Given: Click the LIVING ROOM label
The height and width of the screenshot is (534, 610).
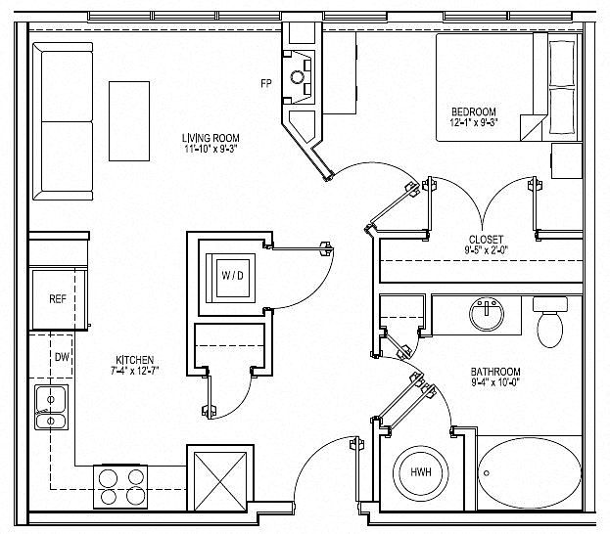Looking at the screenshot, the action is point(211,138).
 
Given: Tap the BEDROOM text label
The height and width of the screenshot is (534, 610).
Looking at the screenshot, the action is point(474,111).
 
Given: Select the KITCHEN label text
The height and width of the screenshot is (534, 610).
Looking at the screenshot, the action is point(134,360).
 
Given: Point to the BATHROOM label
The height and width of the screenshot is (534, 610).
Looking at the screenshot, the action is point(495,372).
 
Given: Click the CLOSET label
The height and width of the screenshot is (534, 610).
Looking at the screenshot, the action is point(486,240).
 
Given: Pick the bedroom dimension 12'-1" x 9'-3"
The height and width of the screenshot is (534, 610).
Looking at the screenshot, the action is point(474,123).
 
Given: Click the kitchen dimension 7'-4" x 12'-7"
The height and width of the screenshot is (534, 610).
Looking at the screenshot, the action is point(134,371).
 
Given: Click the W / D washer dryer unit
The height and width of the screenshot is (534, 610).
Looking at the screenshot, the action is point(231,278).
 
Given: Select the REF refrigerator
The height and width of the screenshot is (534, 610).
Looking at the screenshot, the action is point(59,299).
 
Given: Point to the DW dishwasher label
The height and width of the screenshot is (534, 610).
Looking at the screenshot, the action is point(63,357).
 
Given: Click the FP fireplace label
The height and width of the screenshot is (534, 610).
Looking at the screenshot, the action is point(266,83).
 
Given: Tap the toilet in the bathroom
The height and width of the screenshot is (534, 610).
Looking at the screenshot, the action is point(549,322).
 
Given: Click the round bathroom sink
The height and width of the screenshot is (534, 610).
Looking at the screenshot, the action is point(487,314).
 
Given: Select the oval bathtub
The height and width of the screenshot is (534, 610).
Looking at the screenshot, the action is point(529,473).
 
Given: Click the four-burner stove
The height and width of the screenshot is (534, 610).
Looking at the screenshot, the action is point(120,487).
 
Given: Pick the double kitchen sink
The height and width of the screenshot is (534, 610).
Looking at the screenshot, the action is point(51,407).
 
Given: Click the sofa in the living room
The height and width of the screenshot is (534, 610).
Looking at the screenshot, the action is point(63,121).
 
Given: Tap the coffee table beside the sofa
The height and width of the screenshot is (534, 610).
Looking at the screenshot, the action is point(129,121).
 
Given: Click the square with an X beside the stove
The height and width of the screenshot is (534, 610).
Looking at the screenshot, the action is point(220,481).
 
